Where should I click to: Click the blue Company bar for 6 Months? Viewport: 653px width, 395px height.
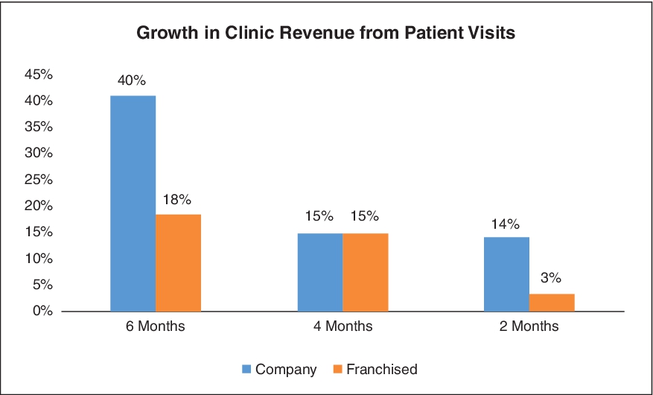[x=133, y=203]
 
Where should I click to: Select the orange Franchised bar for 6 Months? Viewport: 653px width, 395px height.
[x=178, y=262]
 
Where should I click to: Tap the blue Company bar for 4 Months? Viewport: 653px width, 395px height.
[x=320, y=272]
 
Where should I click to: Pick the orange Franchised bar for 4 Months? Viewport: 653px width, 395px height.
[x=366, y=272]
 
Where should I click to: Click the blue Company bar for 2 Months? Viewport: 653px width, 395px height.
[x=506, y=274]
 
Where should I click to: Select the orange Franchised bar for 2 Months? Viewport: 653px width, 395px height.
[x=552, y=302]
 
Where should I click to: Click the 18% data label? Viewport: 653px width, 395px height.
[x=178, y=199]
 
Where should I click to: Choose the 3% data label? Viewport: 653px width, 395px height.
[x=552, y=279]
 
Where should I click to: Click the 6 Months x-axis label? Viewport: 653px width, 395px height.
[x=156, y=326]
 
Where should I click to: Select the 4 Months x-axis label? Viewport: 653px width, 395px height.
[x=343, y=326]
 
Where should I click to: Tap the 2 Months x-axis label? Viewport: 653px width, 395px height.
[x=529, y=326]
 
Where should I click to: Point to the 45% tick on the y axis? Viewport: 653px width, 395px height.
[x=39, y=75]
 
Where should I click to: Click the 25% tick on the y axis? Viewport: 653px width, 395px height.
[x=39, y=180]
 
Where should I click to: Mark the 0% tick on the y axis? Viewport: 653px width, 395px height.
[x=42, y=311]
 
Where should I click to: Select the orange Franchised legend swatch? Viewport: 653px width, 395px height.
[x=337, y=369]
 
